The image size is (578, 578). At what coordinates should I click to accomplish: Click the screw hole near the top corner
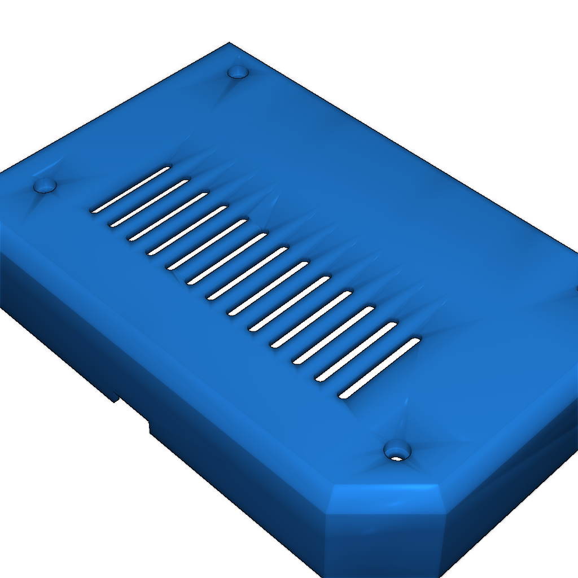[238, 72]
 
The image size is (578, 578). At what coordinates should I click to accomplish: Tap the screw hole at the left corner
[45, 185]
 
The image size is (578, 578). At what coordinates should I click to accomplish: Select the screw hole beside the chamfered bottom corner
[397, 451]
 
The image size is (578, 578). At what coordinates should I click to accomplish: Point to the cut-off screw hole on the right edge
[576, 289]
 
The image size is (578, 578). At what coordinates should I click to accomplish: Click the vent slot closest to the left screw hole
[131, 190]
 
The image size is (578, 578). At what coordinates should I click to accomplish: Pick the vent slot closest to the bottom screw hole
[379, 368]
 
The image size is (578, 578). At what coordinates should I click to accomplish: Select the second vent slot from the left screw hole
[149, 203]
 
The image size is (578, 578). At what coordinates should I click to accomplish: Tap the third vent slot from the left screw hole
[168, 217]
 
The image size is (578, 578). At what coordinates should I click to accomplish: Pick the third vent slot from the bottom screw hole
[334, 335]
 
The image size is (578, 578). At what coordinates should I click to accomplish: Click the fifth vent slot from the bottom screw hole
[290, 304]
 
